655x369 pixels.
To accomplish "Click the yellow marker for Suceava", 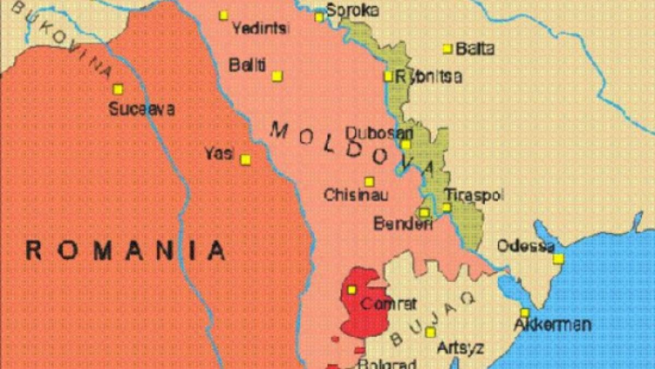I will [x=118, y=89].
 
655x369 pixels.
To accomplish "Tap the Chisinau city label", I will [x=355, y=195].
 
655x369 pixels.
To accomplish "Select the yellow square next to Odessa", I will [x=558, y=259].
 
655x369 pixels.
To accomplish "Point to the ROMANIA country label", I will [x=126, y=250].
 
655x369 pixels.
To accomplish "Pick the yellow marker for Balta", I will [x=448, y=49].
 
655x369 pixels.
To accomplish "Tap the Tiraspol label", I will [x=474, y=195].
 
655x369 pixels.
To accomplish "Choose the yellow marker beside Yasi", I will [x=246, y=160].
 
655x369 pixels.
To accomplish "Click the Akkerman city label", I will [x=552, y=325].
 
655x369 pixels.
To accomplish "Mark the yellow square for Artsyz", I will [x=431, y=332].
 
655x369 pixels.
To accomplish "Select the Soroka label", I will [x=353, y=10].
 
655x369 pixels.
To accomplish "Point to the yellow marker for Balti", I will [x=277, y=76].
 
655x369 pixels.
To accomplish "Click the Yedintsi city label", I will [x=260, y=28].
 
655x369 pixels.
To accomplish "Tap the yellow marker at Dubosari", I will [x=406, y=145].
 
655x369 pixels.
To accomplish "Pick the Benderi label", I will [x=403, y=223].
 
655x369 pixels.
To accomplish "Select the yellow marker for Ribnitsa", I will [x=388, y=77].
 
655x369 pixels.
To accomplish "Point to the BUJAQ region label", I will [x=431, y=317].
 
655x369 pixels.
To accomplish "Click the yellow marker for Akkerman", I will [x=525, y=313].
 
